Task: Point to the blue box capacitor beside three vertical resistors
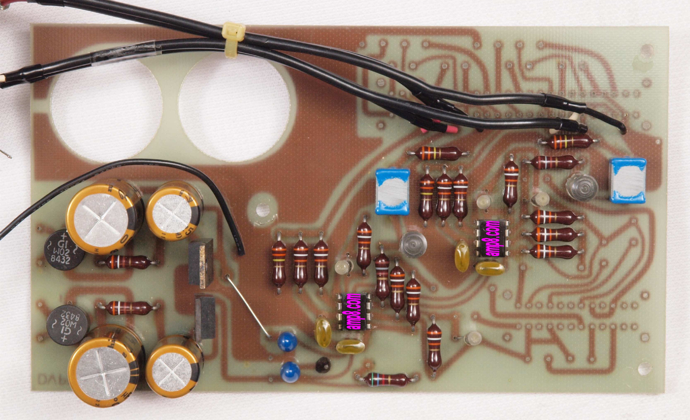[393, 192]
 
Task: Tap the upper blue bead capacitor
[287, 341]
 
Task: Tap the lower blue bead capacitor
[290, 371]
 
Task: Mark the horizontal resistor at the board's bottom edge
[387, 379]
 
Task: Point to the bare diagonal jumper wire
[248, 306]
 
